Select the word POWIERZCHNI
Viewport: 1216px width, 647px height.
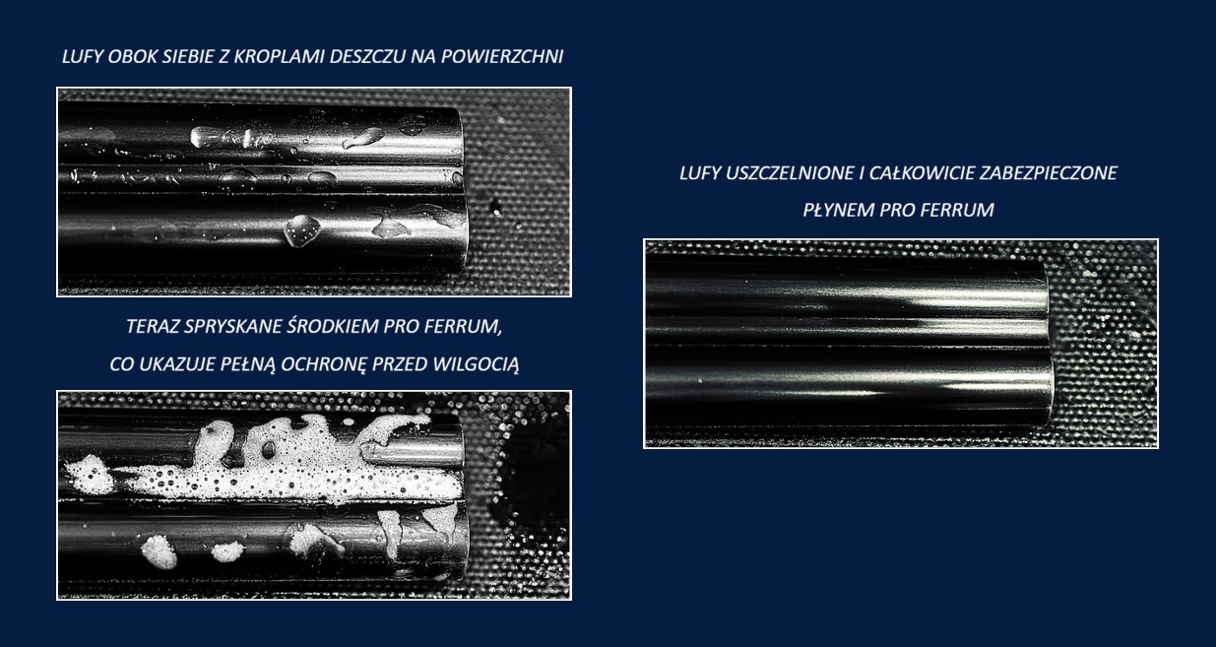pos(501,56)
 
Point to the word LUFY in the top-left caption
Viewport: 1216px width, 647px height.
pos(82,56)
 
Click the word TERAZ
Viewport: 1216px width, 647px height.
pos(153,327)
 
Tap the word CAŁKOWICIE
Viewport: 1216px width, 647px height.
pos(922,173)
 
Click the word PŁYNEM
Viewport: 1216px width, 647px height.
pos(839,210)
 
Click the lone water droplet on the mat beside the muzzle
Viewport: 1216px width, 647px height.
pos(495,207)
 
